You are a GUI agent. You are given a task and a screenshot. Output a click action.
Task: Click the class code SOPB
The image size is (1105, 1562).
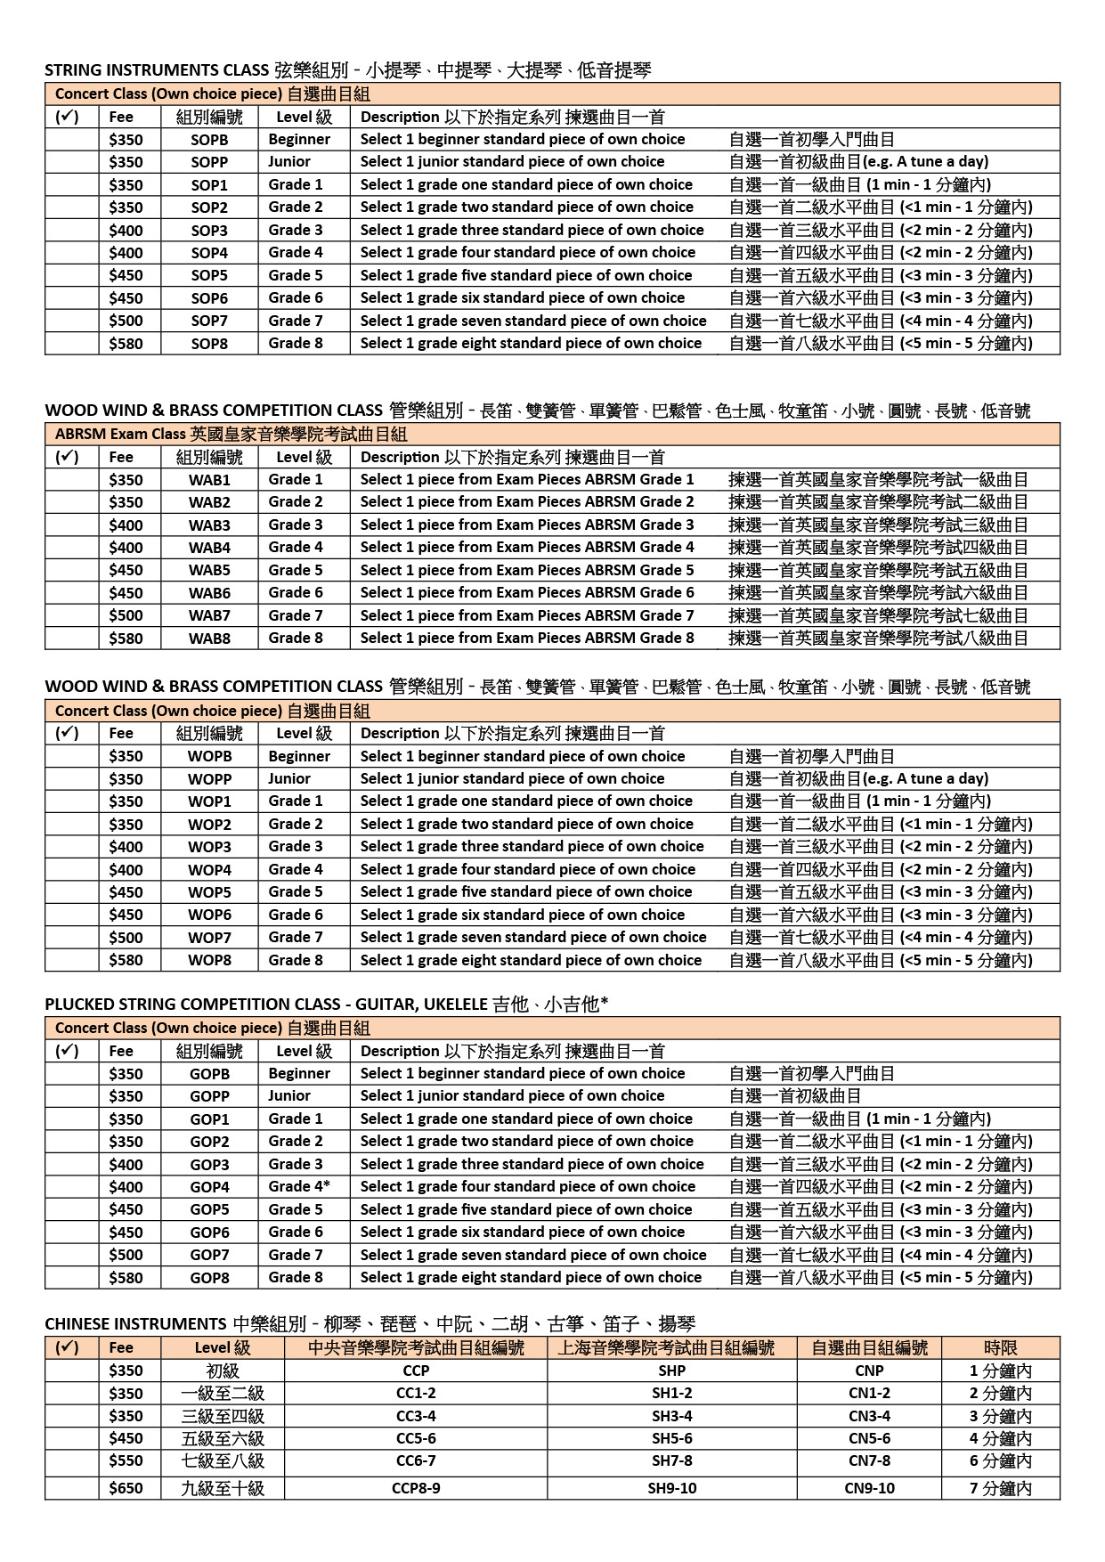click(209, 140)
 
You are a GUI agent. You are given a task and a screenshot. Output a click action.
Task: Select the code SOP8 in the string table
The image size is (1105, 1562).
click(209, 344)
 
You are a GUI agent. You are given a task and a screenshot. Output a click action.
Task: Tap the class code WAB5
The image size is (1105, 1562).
click(209, 571)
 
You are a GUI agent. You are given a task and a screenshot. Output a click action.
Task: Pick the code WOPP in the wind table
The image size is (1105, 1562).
click(209, 779)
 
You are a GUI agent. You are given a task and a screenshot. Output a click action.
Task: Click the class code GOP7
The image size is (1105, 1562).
click(209, 1255)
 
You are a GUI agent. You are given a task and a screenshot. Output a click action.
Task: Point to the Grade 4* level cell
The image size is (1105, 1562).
click(299, 1187)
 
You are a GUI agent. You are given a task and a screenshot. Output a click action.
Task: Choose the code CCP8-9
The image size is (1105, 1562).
click(416, 1488)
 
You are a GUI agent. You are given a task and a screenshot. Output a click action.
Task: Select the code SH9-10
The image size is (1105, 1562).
click(671, 1488)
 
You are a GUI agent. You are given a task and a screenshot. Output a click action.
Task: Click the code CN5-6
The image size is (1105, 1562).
click(869, 1438)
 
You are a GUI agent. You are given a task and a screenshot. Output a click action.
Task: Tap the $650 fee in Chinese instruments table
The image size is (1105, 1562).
click(126, 1488)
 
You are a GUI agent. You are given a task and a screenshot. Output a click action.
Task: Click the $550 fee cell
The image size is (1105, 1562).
click(126, 1461)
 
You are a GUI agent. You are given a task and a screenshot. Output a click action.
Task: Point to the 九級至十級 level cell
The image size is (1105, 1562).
click(223, 1488)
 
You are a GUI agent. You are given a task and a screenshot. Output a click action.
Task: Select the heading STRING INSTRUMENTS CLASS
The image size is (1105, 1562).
click(157, 70)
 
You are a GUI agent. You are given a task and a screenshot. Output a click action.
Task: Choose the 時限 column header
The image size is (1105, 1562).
click(1000, 1348)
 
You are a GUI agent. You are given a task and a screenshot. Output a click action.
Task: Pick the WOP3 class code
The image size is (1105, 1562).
click(209, 847)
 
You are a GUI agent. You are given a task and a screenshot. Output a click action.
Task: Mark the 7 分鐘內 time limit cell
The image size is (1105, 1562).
click(1000, 1488)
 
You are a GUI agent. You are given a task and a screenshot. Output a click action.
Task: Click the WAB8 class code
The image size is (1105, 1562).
click(209, 639)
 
